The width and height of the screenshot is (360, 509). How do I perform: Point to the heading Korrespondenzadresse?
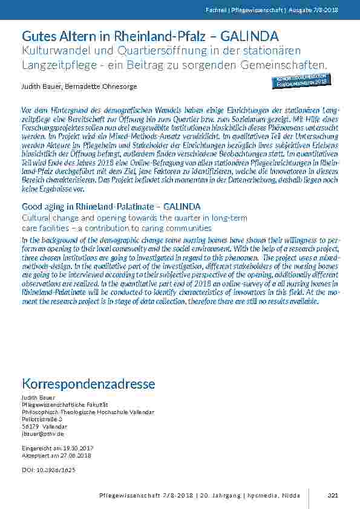(x=88, y=384)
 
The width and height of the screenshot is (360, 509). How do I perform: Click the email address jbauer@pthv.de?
(x=42, y=433)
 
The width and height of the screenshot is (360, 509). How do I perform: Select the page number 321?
(x=332, y=495)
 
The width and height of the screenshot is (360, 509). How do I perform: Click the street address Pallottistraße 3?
(x=42, y=419)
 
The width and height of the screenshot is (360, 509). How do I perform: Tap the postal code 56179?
(x=30, y=426)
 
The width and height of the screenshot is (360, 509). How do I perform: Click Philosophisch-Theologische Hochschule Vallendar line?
(x=88, y=412)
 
